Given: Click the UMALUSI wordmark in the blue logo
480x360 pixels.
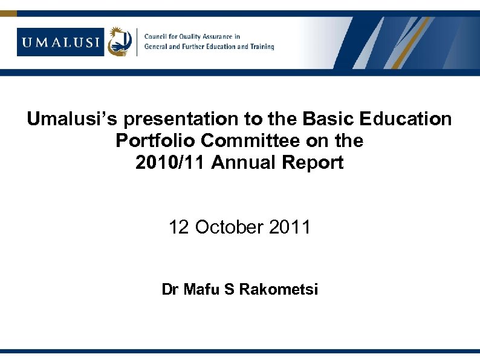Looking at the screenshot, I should click(x=61, y=42).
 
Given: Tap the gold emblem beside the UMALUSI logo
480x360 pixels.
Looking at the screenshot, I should click(x=120, y=42).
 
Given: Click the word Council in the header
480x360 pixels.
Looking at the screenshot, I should click(x=157, y=37).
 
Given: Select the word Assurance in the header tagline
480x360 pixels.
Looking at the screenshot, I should click(x=222, y=37).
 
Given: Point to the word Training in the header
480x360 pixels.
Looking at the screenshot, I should click(x=261, y=47).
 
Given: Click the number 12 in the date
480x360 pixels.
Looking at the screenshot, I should click(x=178, y=227).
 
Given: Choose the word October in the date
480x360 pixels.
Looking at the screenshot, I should click(x=229, y=227).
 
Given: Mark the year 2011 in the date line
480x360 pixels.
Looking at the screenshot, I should click(x=290, y=227).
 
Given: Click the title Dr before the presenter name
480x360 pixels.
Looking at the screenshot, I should click(x=170, y=290).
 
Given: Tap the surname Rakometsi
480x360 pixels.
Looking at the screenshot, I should click(x=279, y=290).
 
